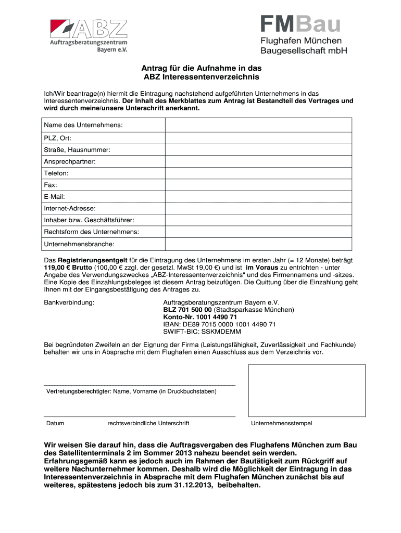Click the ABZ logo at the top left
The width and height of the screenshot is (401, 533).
[x=89, y=35]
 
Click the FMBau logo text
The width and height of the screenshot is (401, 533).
[x=300, y=24]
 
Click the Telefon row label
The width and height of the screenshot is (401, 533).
[x=56, y=173]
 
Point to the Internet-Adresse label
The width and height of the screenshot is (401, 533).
[x=69, y=208]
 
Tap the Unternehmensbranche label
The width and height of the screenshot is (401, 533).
[x=79, y=244]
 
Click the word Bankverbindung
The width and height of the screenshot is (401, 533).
[x=69, y=302]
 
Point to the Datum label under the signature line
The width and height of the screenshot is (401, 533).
[x=55, y=423]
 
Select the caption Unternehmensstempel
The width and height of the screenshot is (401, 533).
[x=281, y=423]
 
